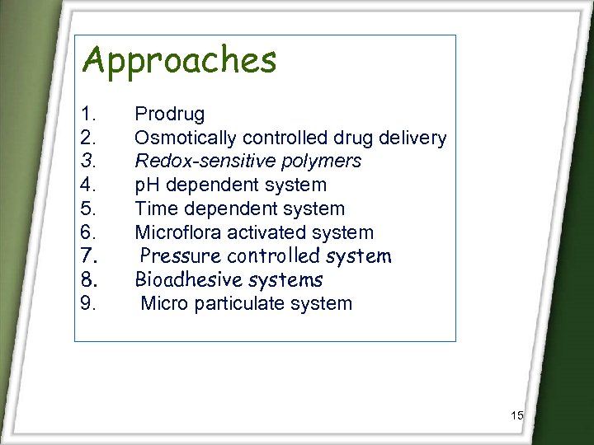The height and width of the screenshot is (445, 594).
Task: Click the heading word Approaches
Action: [x=180, y=61]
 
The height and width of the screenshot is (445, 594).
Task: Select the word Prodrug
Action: [x=170, y=114]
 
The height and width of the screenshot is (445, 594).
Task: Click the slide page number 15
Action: [x=517, y=415]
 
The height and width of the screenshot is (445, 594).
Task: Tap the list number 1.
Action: [x=88, y=114]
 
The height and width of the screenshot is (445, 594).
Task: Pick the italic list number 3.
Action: [x=88, y=162]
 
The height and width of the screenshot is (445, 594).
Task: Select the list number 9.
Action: [x=89, y=303]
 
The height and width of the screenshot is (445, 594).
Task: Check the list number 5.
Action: [x=88, y=209]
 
